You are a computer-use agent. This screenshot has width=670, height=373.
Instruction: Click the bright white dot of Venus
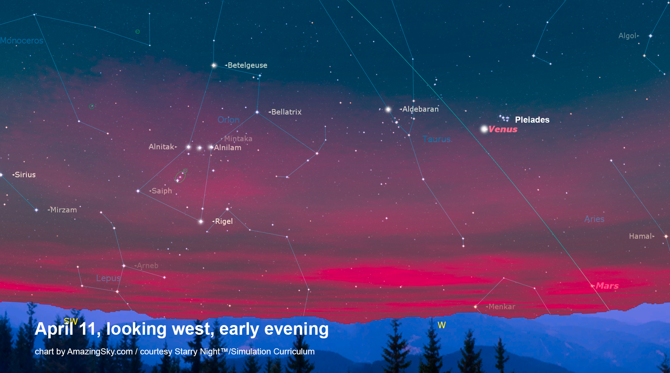tap(484, 129)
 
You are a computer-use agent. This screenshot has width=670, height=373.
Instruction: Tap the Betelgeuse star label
tap(247, 65)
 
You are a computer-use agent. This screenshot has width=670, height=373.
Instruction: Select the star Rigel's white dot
tap(201, 221)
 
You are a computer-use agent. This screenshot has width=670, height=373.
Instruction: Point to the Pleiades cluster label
tap(532, 120)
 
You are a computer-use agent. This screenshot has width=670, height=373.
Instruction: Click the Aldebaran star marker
tap(388, 109)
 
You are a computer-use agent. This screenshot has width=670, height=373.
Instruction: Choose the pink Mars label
tap(607, 286)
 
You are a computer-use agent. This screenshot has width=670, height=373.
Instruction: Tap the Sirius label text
tap(25, 175)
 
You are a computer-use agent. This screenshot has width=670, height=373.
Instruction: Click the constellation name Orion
tap(229, 119)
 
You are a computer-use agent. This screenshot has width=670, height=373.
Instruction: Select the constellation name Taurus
tap(436, 139)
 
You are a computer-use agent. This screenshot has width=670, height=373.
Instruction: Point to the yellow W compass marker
tap(442, 325)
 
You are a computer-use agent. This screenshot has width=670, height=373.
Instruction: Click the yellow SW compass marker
tap(71, 321)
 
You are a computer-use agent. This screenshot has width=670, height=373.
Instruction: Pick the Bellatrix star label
tap(286, 112)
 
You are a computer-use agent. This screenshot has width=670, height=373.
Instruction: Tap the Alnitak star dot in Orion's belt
tap(189, 147)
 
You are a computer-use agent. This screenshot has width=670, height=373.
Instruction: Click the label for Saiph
tap(162, 191)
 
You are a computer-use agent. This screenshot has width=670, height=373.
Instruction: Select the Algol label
tap(627, 36)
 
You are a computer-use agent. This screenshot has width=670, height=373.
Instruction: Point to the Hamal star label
tap(640, 236)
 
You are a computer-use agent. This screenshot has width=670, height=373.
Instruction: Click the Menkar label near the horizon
tap(502, 306)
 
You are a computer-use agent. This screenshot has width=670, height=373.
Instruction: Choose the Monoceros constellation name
tap(22, 40)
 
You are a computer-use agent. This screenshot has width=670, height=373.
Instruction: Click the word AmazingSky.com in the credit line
tap(100, 352)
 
